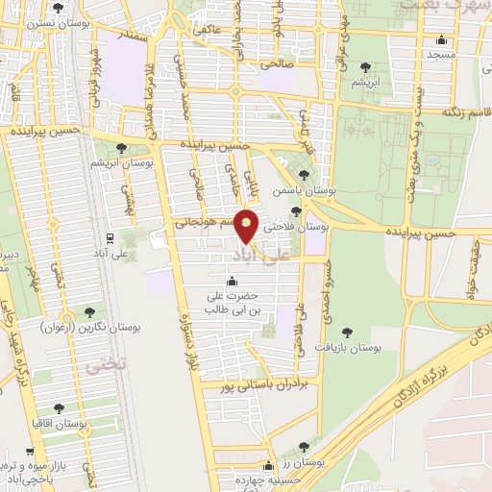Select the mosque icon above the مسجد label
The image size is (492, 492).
[441, 40]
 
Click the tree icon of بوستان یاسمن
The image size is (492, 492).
[305, 175]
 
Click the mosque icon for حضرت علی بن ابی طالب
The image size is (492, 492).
[232, 282]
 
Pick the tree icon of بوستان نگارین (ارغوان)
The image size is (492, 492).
[89, 311]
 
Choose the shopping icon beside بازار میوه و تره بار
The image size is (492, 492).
[31, 451]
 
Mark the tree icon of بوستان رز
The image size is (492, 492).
[305, 447]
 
